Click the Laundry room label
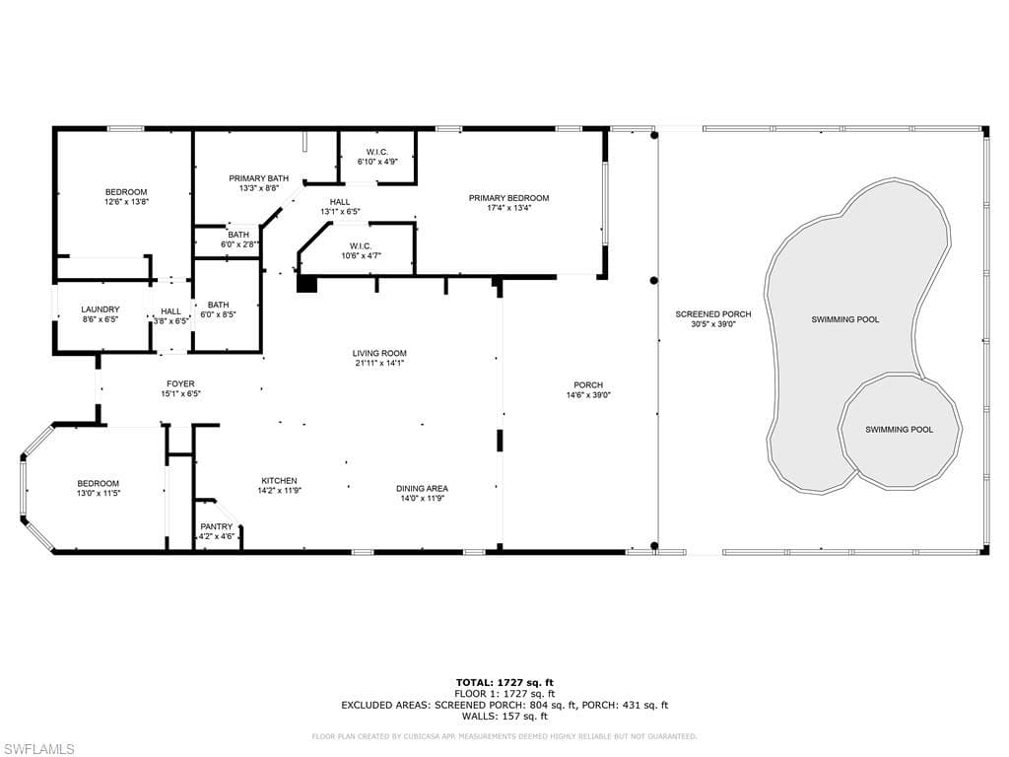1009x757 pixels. pyautogui.click(x=101, y=310)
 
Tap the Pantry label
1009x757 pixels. pyautogui.click(x=216, y=526)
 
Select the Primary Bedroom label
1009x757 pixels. pyautogui.click(x=509, y=198)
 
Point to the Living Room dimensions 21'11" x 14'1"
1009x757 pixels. pyautogui.click(x=379, y=363)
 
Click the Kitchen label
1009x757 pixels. pyautogui.click(x=279, y=481)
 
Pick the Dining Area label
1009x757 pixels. pyautogui.click(x=422, y=489)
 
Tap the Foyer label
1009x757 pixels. pyautogui.click(x=181, y=383)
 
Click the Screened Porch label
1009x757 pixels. pyautogui.click(x=713, y=314)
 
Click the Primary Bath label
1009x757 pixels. pyautogui.click(x=259, y=178)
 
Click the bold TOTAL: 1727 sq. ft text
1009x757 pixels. pyautogui.click(x=504, y=683)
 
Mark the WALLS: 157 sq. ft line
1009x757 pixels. pyautogui.click(x=504, y=716)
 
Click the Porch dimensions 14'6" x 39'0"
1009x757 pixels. pyautogui.click(x=588, y=395)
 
